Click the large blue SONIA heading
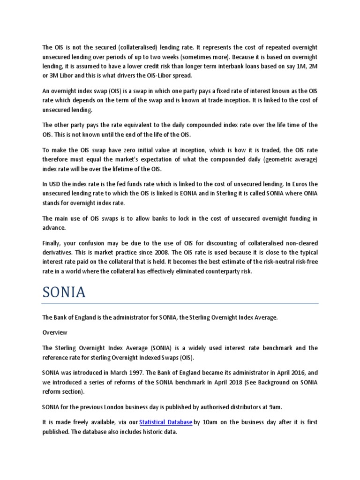(64, 292)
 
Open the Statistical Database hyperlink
(165, 422)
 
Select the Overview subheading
(55, 332)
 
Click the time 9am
(263, 407)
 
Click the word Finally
(53, 243)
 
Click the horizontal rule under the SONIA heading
(180, 304)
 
